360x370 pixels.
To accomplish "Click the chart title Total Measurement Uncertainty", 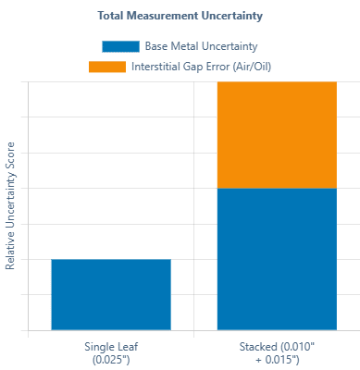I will [180, 16].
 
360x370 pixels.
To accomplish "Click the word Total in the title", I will [109, 16].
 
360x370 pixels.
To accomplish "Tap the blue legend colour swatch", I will [120, 45].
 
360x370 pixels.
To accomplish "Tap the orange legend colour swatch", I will [106, 67].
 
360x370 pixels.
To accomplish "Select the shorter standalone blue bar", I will [111, 294].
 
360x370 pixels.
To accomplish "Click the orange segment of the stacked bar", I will [277, 134].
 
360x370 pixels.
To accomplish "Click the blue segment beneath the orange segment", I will [277, 259].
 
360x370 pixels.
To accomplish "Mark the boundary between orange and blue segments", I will [277, 188].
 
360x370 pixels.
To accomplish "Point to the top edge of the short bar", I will [111, 259].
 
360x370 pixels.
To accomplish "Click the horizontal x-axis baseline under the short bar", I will [111, 330].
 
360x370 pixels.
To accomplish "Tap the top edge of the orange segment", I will [277, 81].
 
